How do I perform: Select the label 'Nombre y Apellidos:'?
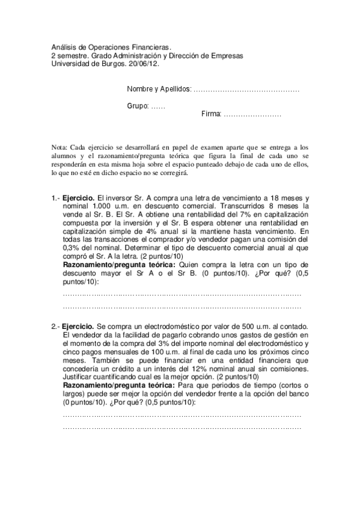(159, 90)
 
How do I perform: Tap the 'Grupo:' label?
(138, 105)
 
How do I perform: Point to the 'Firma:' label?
(211, 114)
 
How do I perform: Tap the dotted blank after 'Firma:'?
(252, 114)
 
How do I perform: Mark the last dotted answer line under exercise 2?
(182, 428)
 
